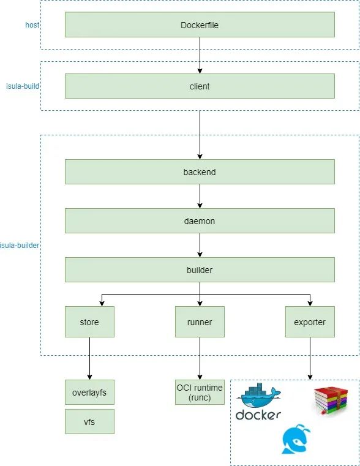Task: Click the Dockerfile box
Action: click(x=200, y=24)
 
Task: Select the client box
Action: click(x=200, y=86)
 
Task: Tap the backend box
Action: click(x=200, y=172)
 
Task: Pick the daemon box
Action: click(x=200, y=221)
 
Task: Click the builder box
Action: click(x=200, y=270)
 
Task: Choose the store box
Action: click(x=89, y=322)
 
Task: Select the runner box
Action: click(x=200, y=322)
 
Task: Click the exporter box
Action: click(x=310, y=322)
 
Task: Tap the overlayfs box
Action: click(x=89, y=393)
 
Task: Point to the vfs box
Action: click(x=89, y=421)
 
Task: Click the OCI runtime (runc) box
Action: click(x=200, y=393)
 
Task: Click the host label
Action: click(x=32, y=25)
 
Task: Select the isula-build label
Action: click(x=23, y=86)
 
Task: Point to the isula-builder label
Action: click(x=20, y=246)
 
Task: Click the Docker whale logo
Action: click(x=258, y=401)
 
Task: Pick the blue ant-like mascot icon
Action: click(x=296, y=439)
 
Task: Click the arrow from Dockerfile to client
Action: click(x=200, y=55)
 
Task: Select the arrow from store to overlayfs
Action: click(x=90, y=358)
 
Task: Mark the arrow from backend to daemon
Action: click(x=200, y=196)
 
